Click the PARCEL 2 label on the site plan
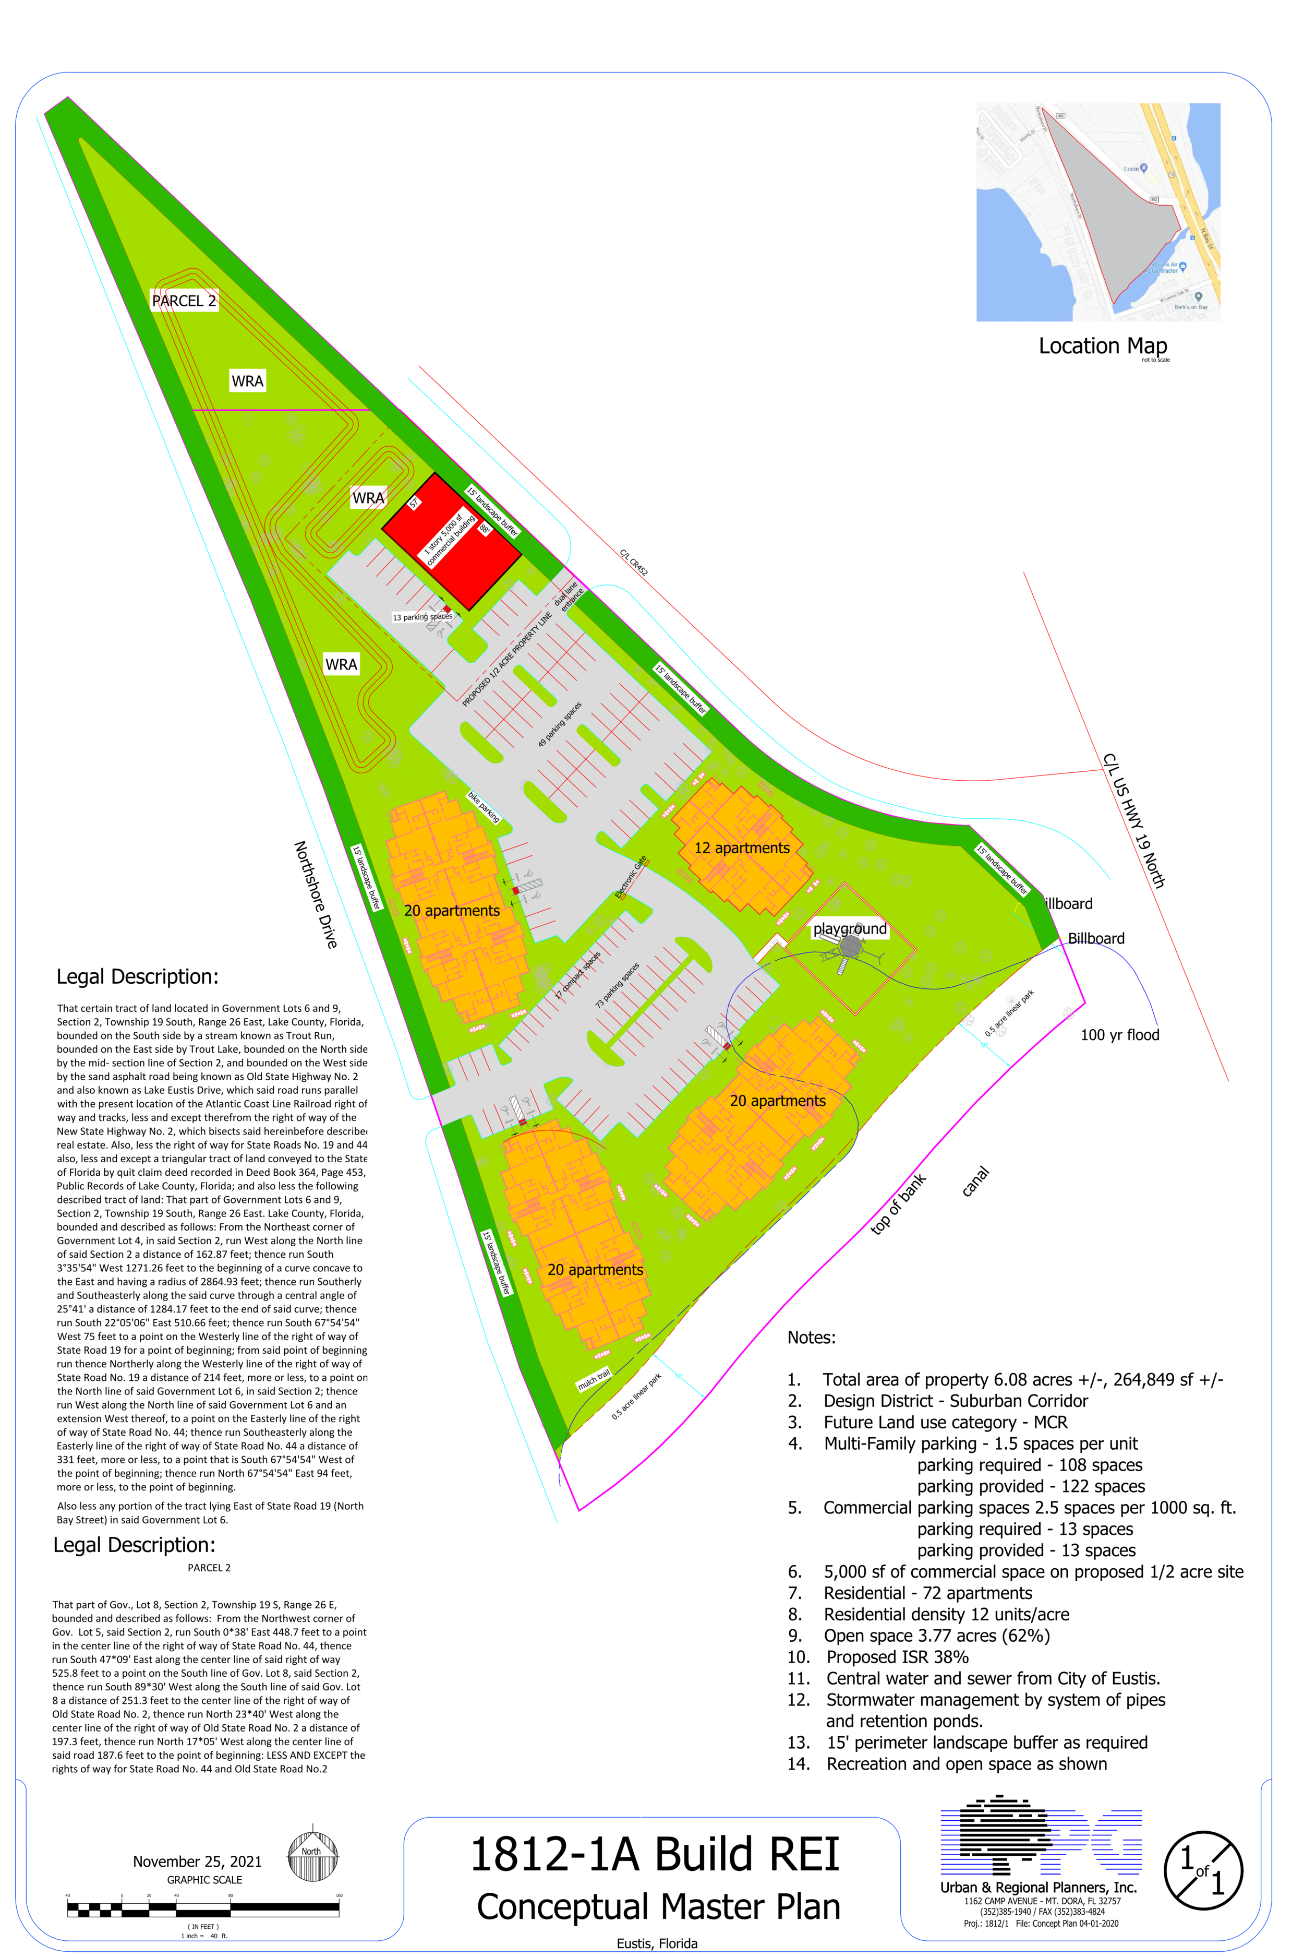(x=184, y=301)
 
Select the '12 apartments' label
(x=742, y=848)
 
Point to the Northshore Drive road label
(x=316, y=894)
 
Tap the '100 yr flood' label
(x=1119, y=1035)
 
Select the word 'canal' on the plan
(x=975, y=1182)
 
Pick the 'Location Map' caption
(x=1103, y=346)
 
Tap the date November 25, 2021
(x=197, y=1861)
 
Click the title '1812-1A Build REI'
(x=655, y=1855)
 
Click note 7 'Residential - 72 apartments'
(x=927, y=1593)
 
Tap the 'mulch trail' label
(x=594, y=1379)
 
